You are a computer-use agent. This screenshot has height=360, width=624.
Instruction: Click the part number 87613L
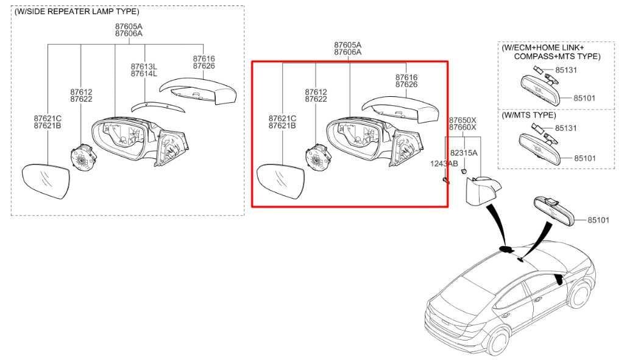coord(144,66)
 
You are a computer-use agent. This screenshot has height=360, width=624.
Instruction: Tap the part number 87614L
coord(144,74)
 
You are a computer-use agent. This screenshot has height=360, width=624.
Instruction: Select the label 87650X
coord(463,120)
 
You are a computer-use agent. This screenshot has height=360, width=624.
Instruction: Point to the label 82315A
coord(464,153)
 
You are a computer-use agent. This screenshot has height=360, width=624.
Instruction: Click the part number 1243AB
coord(444,163)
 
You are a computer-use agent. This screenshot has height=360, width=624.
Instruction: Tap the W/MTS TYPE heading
coord(528,115)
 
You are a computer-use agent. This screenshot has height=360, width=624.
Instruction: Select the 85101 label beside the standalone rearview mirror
coord(598,220)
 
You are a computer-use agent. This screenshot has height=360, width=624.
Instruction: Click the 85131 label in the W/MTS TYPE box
coord(567,129)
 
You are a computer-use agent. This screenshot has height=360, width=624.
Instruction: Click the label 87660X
coord(463,127)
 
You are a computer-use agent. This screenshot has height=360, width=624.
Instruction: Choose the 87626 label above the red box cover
coord(406,85)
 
